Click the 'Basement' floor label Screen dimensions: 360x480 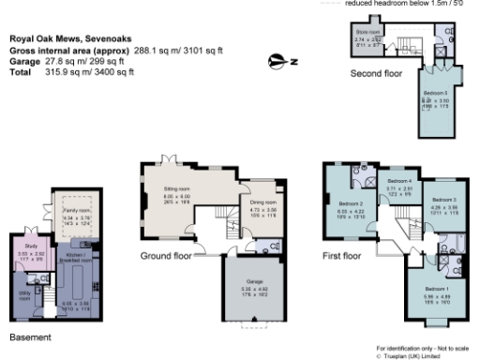pos(29,335)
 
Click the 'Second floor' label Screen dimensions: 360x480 pos(376,72)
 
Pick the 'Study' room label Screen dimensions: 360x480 pos(26,247)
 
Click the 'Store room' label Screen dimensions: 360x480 pos(367,32)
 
